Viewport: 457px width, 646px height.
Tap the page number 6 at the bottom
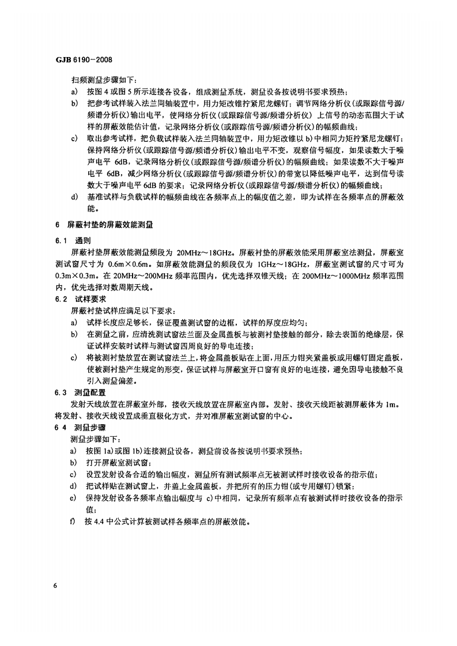55,585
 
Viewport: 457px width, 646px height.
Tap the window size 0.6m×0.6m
127,265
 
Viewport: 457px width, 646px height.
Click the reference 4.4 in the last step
103,522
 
